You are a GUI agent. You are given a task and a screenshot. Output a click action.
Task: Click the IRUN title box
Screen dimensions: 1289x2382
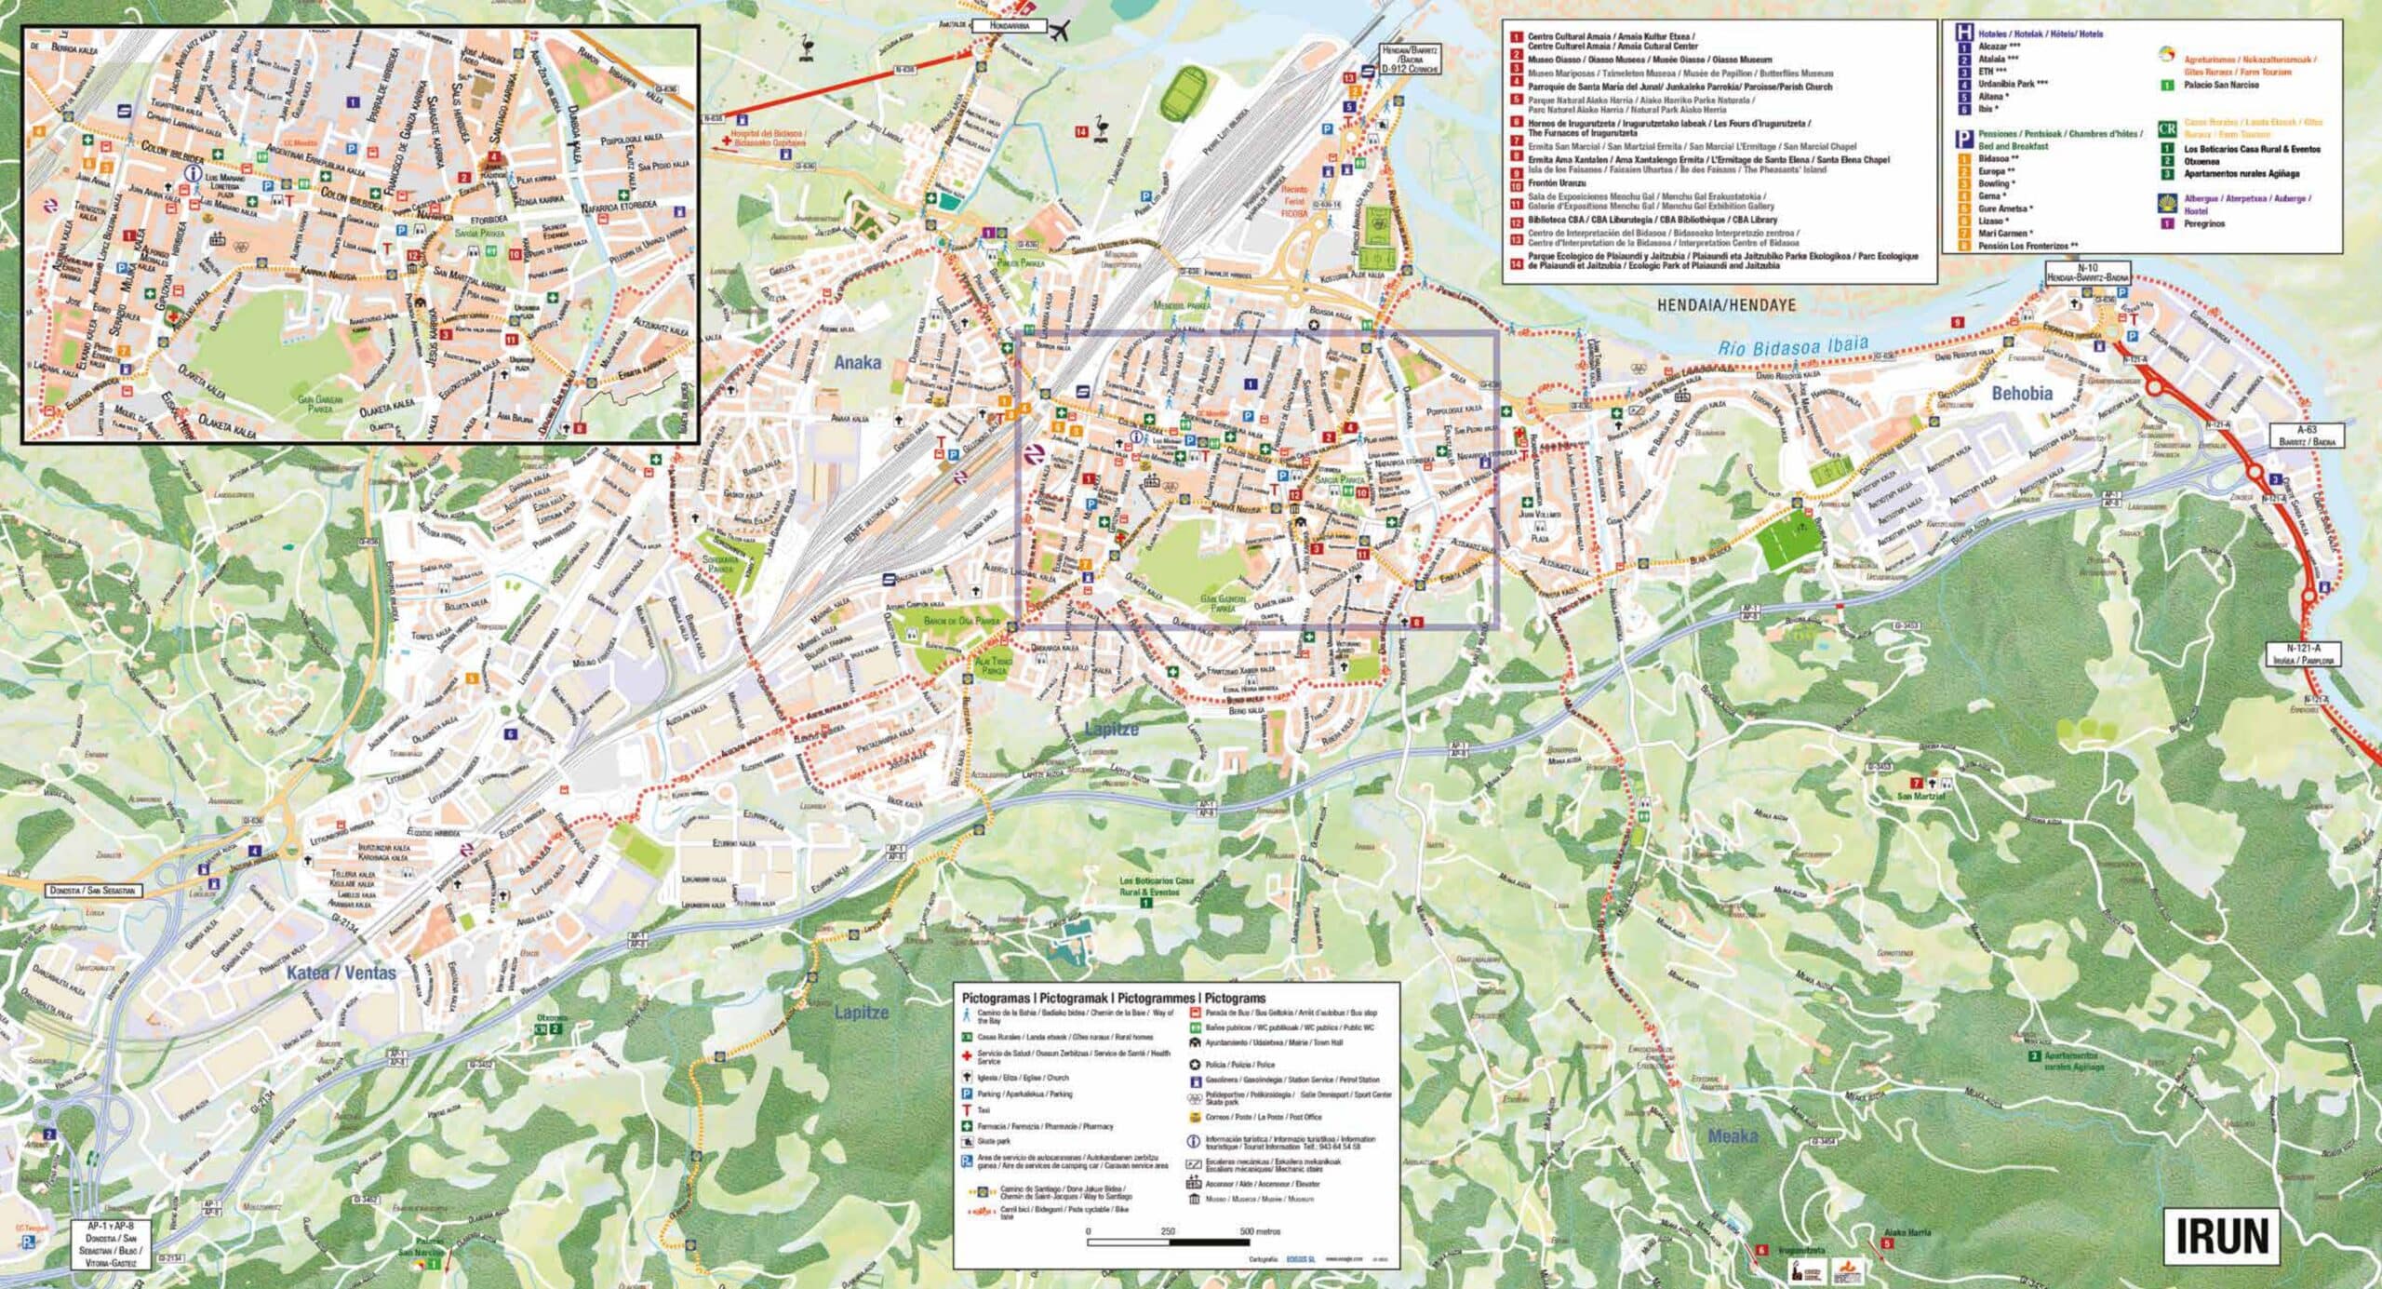click(x=2220, y=1236)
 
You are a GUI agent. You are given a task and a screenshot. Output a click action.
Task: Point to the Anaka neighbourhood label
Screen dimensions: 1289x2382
click(x=856, y=363)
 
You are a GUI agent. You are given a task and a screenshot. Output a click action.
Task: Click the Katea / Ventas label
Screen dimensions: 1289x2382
click(x=341, y=973)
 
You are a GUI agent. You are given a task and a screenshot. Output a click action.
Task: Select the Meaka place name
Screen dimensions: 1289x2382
click(x=1733, y=1136)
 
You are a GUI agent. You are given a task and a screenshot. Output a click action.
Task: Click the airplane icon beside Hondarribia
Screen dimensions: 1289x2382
click(x=1058, y=32)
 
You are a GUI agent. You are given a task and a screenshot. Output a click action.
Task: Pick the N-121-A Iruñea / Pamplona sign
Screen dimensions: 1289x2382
click(x=2303, y=653)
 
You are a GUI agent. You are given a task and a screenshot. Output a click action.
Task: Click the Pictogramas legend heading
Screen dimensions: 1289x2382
click(x=1114, y=998)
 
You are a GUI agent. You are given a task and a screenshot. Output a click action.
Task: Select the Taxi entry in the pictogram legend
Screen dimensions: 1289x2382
click(x=984, y=1110)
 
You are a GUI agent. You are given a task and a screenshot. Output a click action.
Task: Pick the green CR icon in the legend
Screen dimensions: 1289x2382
click(x=2167, y=129)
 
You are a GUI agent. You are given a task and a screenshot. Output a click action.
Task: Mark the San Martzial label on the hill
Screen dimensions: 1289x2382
click(x=1920, y=796)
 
